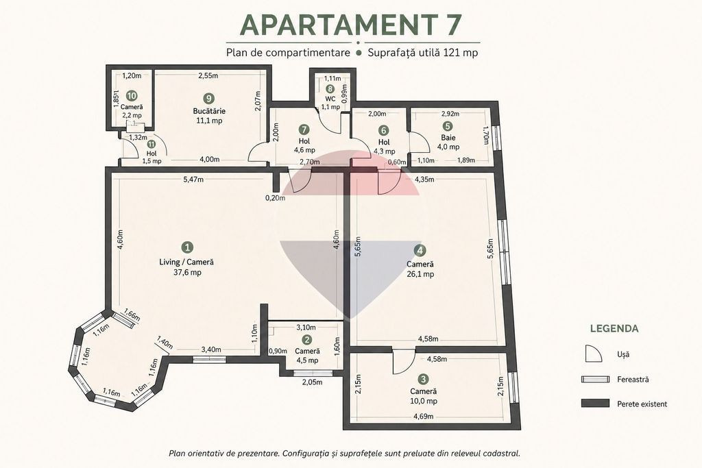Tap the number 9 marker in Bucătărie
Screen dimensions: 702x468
coord(207,98)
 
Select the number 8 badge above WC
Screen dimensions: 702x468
coord(330,89)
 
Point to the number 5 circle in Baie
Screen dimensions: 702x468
coord(448,127)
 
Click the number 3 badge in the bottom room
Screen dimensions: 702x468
coord(423,380)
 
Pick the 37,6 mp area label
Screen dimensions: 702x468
coord(186,272)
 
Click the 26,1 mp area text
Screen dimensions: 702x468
coord(420,274)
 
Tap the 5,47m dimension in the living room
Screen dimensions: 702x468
coord(194,180)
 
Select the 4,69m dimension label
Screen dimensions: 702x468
coord(424,416)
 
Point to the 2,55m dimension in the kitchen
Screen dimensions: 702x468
coord(208,75)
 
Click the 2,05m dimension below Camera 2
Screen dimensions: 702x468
coord(312,382)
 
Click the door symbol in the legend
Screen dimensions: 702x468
coord(594,354)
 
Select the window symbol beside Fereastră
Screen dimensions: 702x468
coord(595,380)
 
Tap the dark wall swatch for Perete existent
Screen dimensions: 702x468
coord(595,404)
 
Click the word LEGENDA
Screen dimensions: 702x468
coord(614,328)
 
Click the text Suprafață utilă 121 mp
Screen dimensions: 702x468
coord(422,52)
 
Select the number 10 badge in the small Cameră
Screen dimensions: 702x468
coord(132,95)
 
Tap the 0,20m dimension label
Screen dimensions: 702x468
coord(275,198)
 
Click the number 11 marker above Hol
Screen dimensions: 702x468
coord(152,144)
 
